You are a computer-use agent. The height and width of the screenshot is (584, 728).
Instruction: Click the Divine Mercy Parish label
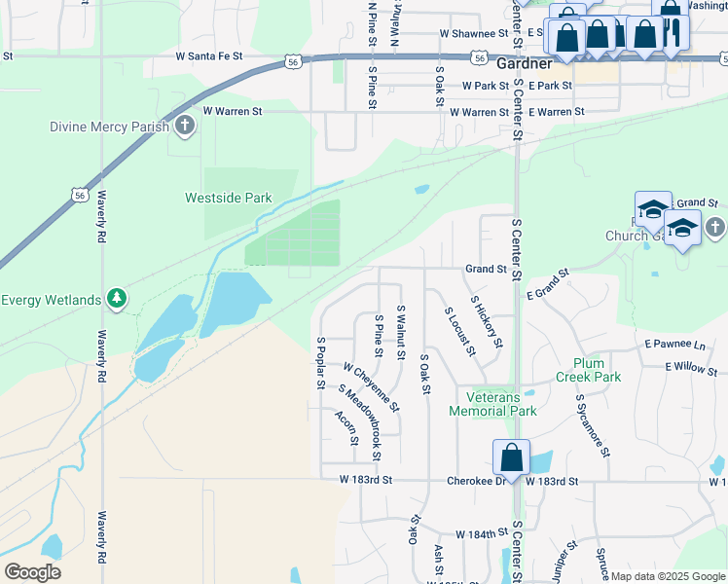click(111, 127)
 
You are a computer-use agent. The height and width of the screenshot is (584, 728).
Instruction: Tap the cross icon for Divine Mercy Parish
click(185, 126)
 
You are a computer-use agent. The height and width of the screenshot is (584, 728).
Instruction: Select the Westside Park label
click(229, 198)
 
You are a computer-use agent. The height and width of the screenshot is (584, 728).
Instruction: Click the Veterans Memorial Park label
click(493, 404)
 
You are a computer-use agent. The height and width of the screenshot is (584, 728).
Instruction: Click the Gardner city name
click(524, 64)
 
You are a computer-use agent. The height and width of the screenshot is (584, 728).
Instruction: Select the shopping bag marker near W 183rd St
click(511, 456)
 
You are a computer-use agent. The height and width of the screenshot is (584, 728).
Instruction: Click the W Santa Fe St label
click(209, 56)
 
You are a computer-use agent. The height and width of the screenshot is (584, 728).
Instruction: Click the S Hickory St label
click(486, 322)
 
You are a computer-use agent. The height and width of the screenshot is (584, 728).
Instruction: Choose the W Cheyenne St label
click(371, 386)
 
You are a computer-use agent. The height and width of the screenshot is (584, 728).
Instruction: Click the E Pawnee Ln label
click(674, 346)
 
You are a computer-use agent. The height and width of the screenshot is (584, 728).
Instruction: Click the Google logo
click(32, 572)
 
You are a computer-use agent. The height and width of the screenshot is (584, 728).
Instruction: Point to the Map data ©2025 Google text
click(667, 576)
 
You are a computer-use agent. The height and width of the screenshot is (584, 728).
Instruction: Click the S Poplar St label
click(319, 363)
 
